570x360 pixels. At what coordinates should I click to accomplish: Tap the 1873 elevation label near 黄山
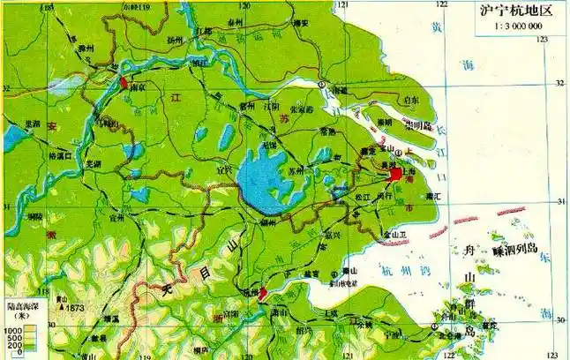pyautogui.click(x=70, y=307)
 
